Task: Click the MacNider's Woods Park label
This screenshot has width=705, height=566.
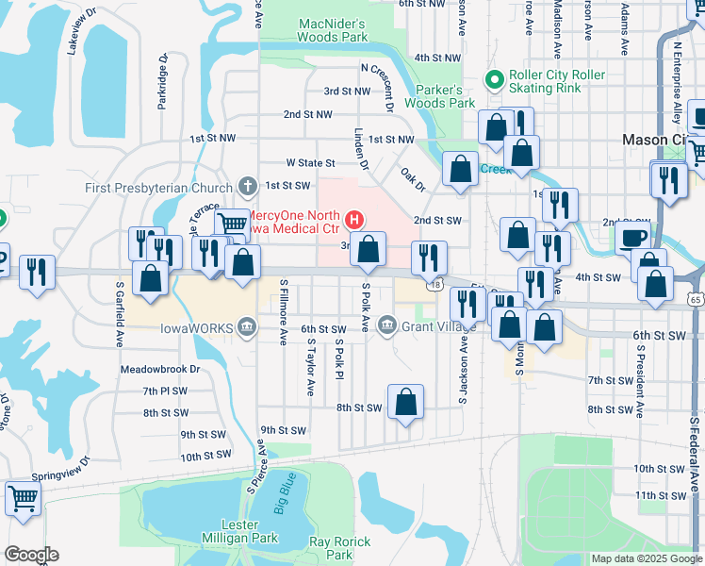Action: pos(332,30)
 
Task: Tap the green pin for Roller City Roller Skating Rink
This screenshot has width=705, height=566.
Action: pos(492,79)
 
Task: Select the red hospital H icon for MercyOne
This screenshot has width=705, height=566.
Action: pos(354,221)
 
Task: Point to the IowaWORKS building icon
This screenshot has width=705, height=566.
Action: pos(246,326)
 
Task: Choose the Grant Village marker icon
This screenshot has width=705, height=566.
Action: pos(386,326)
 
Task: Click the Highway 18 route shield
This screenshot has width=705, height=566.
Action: pos(434,283)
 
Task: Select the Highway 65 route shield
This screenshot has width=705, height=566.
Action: pos(695,298)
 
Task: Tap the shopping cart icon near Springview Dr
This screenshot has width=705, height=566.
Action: pos(23,496)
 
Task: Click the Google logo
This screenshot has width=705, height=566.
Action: pos(31,555)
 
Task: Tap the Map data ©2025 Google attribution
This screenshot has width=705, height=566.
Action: pos(646,558)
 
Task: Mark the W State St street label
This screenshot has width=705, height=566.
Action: pos(310,163)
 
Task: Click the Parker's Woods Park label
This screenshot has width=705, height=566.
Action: pos(446,96)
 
